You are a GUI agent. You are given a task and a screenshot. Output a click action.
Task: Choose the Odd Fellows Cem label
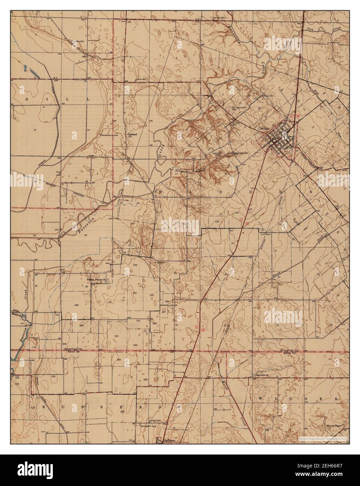[238, 108]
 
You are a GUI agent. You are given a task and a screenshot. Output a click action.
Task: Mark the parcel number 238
[76, 305]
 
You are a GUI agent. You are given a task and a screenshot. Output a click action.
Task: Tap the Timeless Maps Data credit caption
[322, 438]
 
